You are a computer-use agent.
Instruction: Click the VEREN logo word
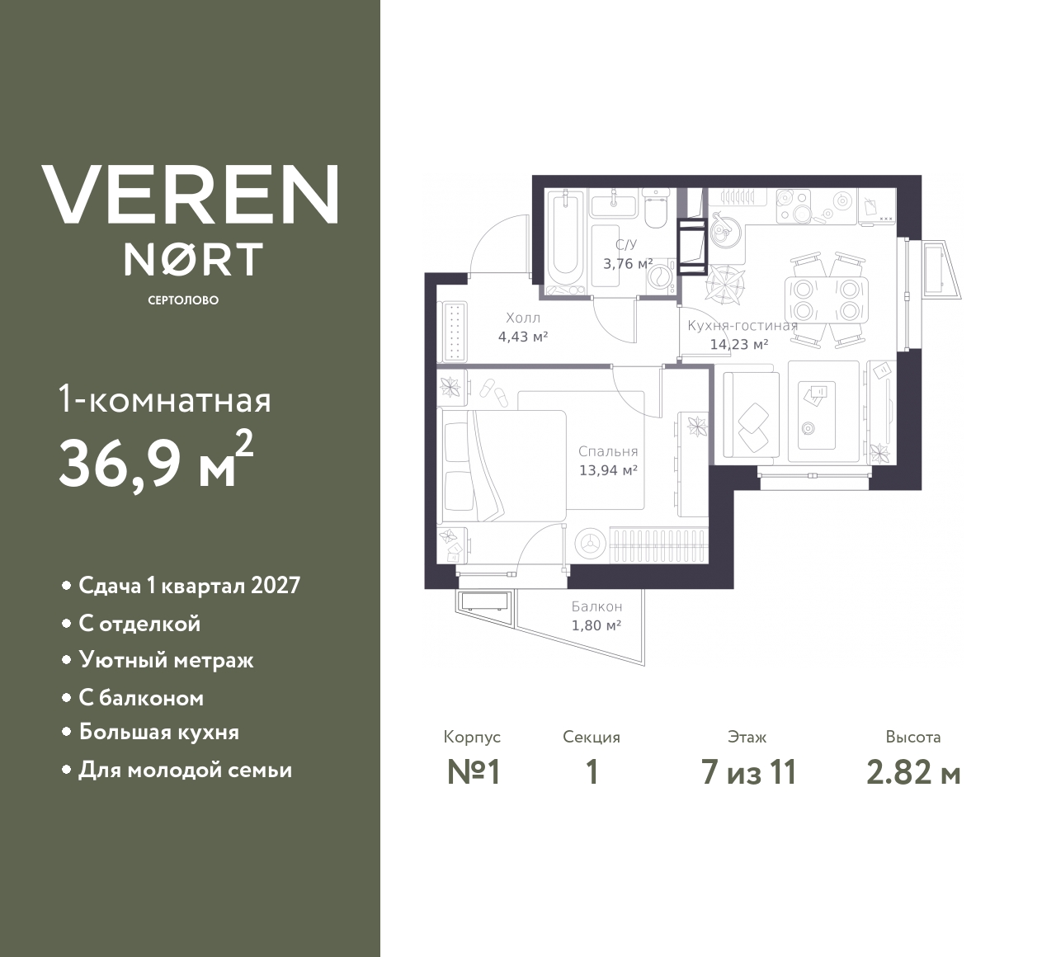[190, 194]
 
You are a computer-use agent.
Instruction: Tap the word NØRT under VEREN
[193, 259]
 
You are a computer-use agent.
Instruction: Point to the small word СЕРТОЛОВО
[183, 300]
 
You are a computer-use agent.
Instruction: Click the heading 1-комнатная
[165, 401]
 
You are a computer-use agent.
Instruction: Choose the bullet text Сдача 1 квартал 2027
[189, 586]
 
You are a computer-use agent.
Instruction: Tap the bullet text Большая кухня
[158, 732]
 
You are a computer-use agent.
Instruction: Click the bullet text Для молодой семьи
[185, 770]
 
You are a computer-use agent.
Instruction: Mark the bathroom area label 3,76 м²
[628, 264]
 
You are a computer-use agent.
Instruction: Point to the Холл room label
[523, 318]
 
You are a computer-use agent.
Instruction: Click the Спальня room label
[608, 451]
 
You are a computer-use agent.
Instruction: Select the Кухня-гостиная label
[742, 325]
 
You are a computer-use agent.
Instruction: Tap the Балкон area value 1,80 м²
[596, 625]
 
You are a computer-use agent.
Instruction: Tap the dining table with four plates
[826, 299]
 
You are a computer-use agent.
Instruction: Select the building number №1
[474, 772]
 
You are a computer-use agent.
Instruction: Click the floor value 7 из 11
[748, 772]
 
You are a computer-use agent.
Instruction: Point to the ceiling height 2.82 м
[913, 772]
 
